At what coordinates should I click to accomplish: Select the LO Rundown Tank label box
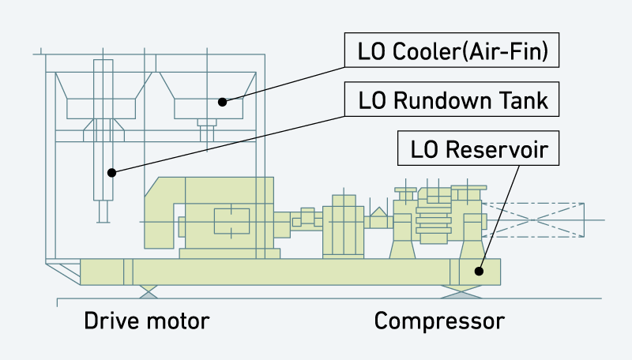[453, 101]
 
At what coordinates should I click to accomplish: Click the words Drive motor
[147, 321]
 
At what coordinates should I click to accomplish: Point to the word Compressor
[438, 321]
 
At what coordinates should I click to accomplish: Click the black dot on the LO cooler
[223, 101]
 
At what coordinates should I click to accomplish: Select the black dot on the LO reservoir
[478, 271]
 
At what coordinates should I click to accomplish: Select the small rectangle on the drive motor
[231, 219]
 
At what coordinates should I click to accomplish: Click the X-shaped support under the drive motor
[149, 291]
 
